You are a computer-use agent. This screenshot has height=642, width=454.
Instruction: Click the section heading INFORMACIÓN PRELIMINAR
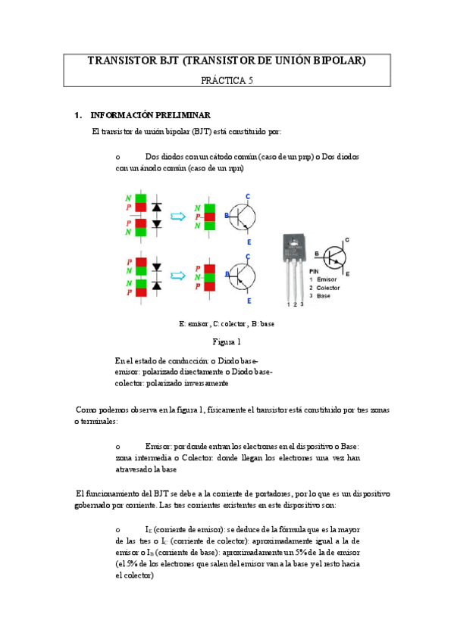[150, 116]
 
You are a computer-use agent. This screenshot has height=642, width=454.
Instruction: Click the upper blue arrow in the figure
[178, 217]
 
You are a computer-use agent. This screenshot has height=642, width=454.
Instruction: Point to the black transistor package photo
[296, 257]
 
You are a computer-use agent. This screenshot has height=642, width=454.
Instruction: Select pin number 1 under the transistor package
[288, 304]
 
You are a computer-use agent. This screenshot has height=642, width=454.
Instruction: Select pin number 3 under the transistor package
[302, 304]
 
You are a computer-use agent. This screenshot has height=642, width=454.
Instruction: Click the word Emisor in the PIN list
[330, 280]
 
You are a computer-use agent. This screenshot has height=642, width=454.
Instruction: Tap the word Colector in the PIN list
[331, 288]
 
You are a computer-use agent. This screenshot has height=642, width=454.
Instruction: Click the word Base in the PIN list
[327, 296]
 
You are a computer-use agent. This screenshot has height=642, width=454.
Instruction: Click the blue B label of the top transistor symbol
[226, 216]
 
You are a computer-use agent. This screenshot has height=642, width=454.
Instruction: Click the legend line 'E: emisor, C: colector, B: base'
[227, 323]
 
